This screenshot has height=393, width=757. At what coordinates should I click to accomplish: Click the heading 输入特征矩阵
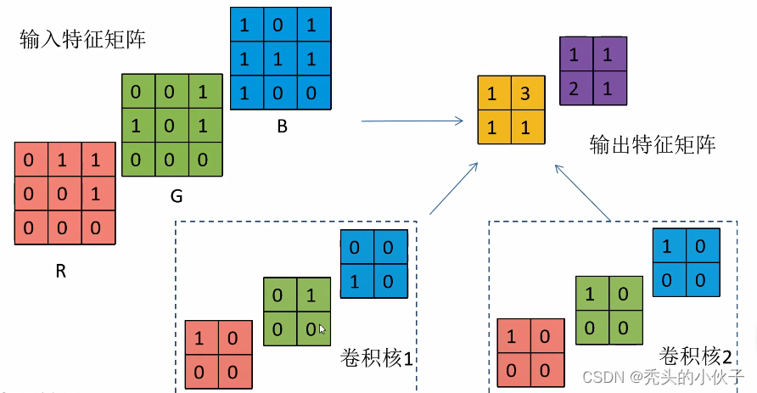82,39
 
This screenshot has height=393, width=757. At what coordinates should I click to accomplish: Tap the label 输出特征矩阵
653,144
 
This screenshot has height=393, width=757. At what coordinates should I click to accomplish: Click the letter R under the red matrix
61,272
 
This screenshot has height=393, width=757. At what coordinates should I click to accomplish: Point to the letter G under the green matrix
177,196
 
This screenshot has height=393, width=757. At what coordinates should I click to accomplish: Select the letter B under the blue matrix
282,126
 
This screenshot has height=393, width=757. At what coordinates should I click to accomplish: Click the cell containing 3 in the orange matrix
528,93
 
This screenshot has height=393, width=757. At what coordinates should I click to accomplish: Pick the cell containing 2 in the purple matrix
576,88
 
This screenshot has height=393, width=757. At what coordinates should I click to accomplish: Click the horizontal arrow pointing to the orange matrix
412,121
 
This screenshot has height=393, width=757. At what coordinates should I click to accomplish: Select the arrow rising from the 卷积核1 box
453,188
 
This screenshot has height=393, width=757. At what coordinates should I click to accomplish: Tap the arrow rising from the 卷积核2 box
583,193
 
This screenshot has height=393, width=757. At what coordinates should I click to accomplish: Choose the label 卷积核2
696,357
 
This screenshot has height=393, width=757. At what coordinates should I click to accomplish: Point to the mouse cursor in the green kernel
322,329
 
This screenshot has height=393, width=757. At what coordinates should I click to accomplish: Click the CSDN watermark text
663,377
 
